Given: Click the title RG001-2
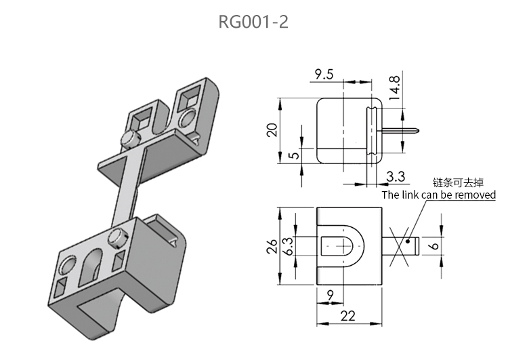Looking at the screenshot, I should click(253, 22).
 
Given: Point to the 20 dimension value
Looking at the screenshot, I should click(272, 129).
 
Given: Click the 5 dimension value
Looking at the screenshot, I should click(293, 155).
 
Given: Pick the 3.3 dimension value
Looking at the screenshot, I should click(396, 177).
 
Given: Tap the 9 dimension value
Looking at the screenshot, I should click(330, 295).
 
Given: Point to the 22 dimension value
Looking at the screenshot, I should click(347, 316).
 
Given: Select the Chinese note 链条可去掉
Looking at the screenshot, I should click(459, 182).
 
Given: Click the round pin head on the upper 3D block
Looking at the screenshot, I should click(128, 138).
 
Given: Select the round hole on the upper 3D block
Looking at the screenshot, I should click(188, 119).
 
